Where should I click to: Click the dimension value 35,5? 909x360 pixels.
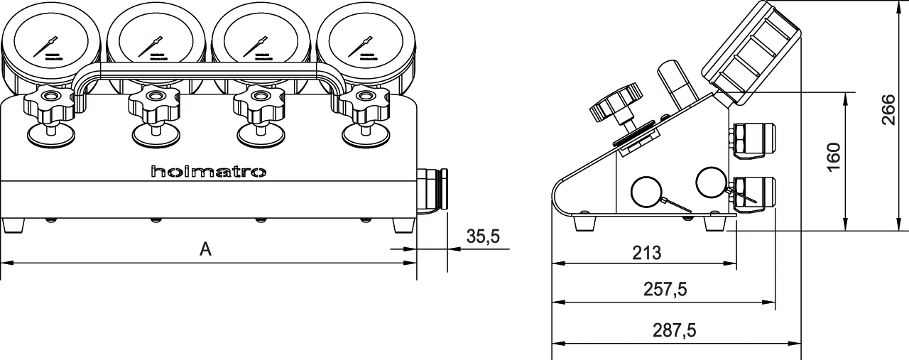[484, 237]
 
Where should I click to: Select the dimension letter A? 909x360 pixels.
[205, 249]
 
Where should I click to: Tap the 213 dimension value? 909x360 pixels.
[646, 252]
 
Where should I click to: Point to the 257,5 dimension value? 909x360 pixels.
[665, 290]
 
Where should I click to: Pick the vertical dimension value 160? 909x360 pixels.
[834, 156]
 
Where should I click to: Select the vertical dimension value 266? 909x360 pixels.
[888, 109]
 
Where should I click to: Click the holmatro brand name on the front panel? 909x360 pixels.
[208, 172]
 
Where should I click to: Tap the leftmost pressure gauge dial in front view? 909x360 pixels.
[51, 40]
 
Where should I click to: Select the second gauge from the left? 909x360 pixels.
[156, 40]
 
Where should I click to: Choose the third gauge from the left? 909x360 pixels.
[260, 40]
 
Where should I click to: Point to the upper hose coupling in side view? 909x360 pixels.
[753, 137]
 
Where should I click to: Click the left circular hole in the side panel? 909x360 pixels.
[646, 190]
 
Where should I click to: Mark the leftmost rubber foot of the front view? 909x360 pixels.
[13, 225]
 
